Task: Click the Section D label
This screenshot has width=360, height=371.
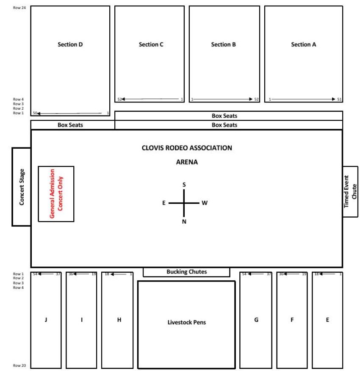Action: [x=70, y=44]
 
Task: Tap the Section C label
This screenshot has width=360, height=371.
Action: [x=151, y=44]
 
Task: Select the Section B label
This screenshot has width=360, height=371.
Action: [x=224, y=44]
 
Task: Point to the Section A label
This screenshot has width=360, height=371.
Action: [x=303, y=44]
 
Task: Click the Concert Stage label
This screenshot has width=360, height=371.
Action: [x=22, y=187]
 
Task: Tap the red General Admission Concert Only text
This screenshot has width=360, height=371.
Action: [x=56, y=194]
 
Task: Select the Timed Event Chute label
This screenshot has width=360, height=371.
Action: [x=350, y=192]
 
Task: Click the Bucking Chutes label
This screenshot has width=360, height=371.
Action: [x=186, y=271]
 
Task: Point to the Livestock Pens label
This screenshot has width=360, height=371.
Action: [x=186, y=322]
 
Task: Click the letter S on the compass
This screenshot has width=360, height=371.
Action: [x=184, y=185]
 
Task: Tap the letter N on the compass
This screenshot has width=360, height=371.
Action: [x=184, y=221]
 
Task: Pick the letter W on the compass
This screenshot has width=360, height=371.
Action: [x=205, y=203]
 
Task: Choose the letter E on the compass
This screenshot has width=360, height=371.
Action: [x=164, y=203]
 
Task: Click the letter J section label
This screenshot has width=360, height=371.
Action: [x=46, y=320]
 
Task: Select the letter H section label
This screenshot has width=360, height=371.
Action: [x=119, y=320]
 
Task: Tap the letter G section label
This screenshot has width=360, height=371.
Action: [x=256, y=320]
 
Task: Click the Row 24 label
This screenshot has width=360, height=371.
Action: [x=19, y=8]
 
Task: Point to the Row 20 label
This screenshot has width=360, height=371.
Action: [x=19, y=365]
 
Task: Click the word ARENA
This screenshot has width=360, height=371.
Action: [x=187, y=162]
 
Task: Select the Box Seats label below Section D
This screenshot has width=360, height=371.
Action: [x=70, y=125]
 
